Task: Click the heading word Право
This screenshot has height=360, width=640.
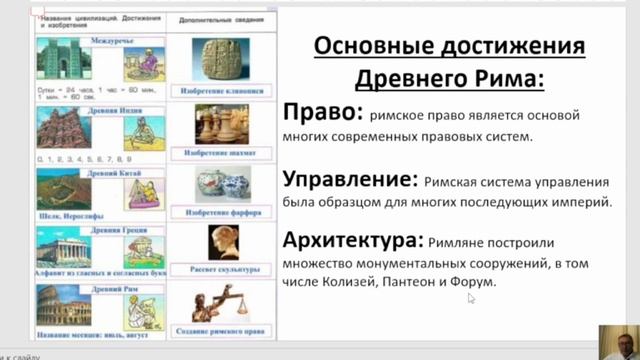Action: [314, 114]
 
